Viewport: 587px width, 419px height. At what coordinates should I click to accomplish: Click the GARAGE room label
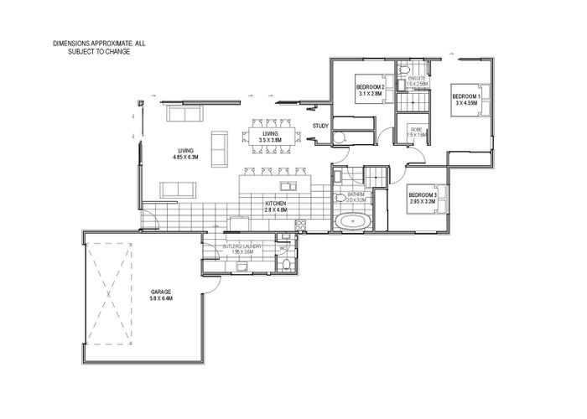(x=161, y=292)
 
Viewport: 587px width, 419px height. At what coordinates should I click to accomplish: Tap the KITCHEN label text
(x=277, y=204)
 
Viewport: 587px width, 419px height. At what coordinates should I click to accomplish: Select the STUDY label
(x=319, y=127)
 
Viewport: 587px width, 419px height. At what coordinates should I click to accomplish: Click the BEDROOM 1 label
(x=467, y=96)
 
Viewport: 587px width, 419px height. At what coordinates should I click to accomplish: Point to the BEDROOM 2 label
(x=370, y=88)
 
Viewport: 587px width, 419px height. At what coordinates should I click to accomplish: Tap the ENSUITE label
(x=417, y=77)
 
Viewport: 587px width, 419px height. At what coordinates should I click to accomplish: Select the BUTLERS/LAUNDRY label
(x=243, y=246)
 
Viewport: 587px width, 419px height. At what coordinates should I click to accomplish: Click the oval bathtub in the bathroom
(x=355, y=222)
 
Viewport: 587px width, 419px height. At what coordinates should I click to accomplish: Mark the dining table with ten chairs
(x=270, y=134)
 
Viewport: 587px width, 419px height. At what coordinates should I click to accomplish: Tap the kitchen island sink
(x=286, y=186)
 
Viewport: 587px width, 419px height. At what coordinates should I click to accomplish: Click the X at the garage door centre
(x=110, y=295)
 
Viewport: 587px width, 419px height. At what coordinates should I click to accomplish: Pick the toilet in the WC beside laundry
(x=287, y=265)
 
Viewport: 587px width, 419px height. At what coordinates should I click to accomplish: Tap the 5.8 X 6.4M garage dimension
(x=161, y=299)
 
